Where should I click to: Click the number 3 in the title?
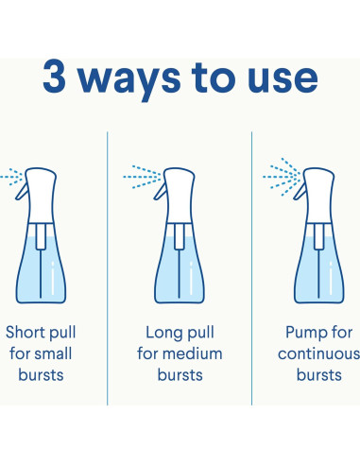[54, 77]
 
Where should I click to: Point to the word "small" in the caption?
[52, 353]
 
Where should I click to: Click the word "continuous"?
[318, 354]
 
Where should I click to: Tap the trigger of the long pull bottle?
[161, 191]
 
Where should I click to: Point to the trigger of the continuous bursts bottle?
[300, 191]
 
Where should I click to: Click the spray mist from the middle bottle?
[143, 177]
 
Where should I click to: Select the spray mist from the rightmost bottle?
[282, 177]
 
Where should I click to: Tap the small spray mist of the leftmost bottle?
[11, 177]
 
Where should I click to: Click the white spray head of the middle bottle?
[180, 196]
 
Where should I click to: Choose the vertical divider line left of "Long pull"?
[108, 268]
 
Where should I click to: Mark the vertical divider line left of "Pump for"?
[252, 268]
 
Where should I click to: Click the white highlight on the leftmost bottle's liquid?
[53, 278]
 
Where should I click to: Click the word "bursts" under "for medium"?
[180, 375]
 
